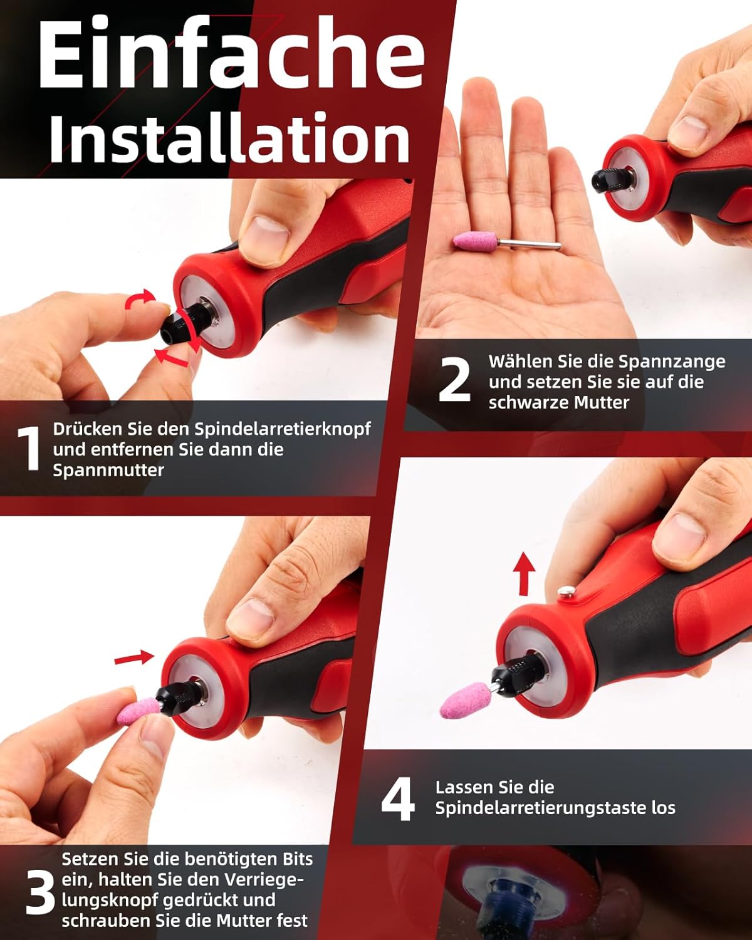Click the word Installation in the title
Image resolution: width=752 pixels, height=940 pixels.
(230, 138)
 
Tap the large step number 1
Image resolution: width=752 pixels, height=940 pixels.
(29, 449)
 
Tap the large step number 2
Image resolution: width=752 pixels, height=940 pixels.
(454, 379)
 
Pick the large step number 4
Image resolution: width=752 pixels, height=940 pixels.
(398, 799)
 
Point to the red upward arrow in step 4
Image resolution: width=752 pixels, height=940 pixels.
(524, 573)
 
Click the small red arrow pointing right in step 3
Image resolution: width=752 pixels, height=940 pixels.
(134, 657)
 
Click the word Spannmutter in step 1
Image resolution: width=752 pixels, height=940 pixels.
(108, 471)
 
